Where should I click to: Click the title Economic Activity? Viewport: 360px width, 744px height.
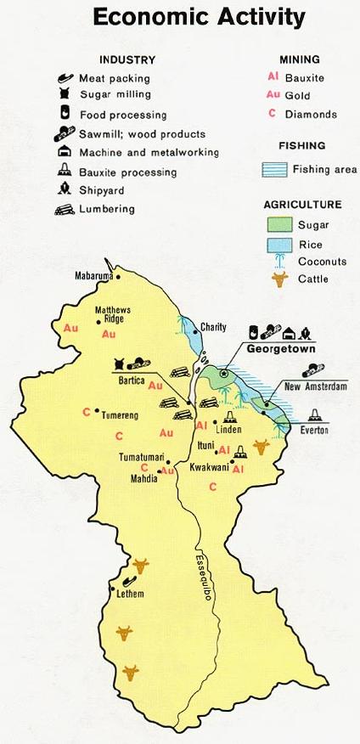[x=199, y=17]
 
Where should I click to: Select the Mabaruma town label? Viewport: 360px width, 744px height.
[x=94, y=276]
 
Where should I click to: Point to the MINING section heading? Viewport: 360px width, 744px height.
[x=299, y=59]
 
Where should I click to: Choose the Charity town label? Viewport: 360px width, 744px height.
[x=215, y=326]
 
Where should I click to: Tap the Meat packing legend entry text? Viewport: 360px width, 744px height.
[x=114, y=78]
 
